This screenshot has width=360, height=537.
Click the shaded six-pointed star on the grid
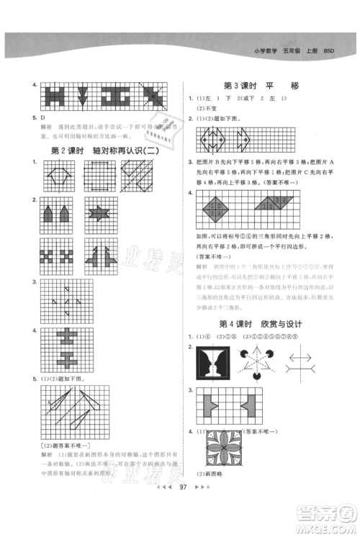(x=99, y=214)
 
